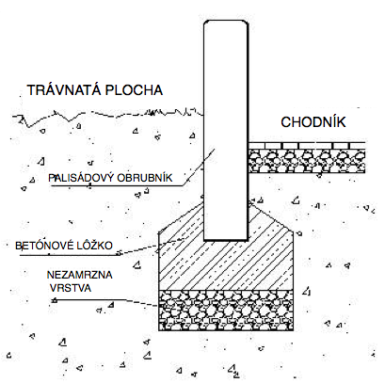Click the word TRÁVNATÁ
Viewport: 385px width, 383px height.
[x=64, y=89]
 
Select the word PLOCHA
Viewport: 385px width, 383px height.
[x=134, y=90]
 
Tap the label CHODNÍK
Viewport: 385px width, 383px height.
[x=313, y=121]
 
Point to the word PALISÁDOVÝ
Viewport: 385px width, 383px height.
[x=81, y=178]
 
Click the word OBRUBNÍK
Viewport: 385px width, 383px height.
[x=145, y=178]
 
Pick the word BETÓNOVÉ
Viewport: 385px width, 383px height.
[x=40, y=246]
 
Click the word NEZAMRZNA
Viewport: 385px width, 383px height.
[x=80, y=275]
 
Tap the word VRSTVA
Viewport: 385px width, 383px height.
[x=71, y=288]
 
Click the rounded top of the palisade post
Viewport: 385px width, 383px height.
[x=226, y=23]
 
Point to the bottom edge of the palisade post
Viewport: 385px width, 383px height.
[x=226, y=240]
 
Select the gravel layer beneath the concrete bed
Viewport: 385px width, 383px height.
[x=226, y=310]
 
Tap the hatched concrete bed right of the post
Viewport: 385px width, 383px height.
[x=270, y=261]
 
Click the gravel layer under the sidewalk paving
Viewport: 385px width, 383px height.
[x=307, y=161]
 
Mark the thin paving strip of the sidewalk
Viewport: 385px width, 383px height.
[x=307, y=146]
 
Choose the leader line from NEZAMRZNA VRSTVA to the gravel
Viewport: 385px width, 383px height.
[x=105, y=300]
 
